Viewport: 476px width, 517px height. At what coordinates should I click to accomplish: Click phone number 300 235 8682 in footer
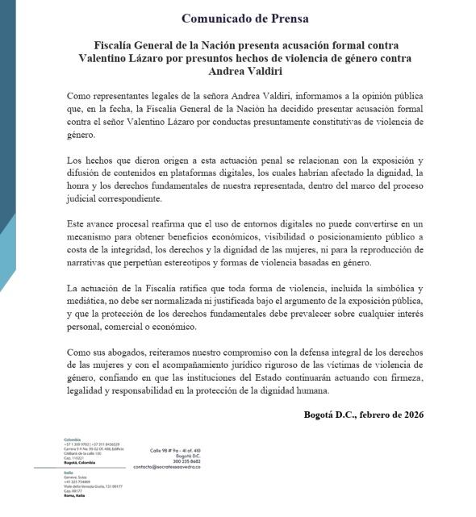click(x=175, y=461)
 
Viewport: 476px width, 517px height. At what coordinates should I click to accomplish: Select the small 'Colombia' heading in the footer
click(x=72, y=439)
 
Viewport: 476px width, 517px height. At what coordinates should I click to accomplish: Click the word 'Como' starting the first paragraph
click(x=76, y=96)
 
